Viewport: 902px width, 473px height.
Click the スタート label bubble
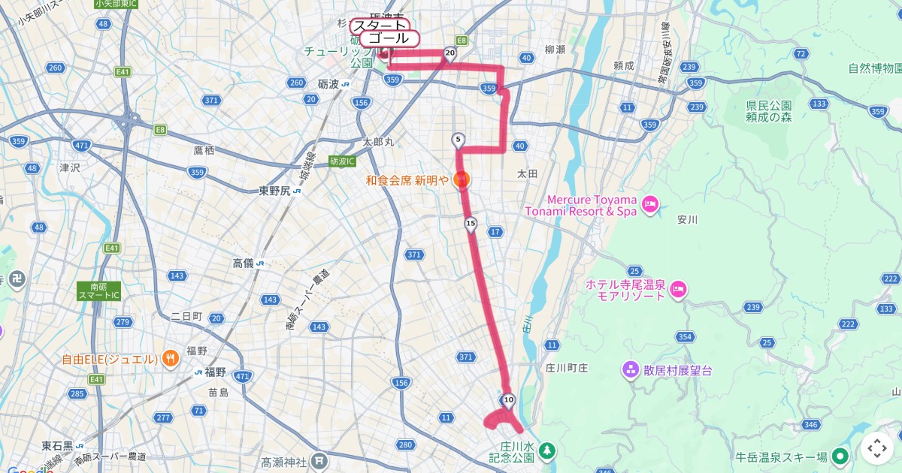(x=379, y=25)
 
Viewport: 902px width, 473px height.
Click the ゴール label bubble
(x=389, y=38)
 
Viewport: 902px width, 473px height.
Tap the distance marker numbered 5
(x=457, y=140)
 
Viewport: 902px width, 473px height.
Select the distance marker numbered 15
(x=471, y=223)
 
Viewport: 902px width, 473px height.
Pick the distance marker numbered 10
(x=508, y=400)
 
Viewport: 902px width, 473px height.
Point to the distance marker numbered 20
(x=449, y=53)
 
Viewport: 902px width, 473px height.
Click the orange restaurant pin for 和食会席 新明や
(x=462, y=180)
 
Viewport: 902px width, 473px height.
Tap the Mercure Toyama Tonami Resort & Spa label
(x=592, y=205)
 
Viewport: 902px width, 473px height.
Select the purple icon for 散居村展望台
(x=630, y=369)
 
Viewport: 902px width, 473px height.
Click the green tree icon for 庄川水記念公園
(x=548, y=450)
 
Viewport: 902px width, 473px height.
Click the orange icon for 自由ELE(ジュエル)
(x=171, y=359)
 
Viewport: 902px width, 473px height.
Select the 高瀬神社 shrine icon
(x=319, y=459)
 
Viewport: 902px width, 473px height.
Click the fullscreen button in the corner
(x=877, y=448)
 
